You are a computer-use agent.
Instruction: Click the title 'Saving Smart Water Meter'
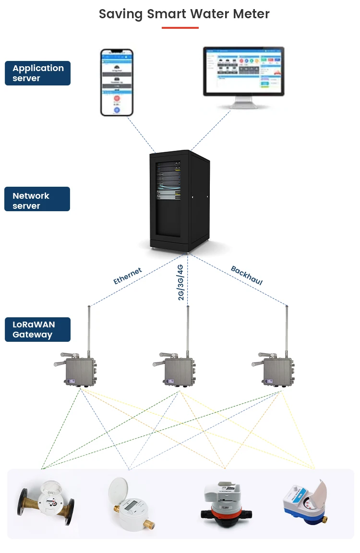[x=184, y=14]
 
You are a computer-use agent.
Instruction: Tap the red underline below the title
[x=180, y=28]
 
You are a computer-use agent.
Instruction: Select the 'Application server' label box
[x=38, y=73]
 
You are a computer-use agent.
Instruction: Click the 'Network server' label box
[x=38, y=199]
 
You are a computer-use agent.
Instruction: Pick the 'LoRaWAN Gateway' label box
[x=38, y=329]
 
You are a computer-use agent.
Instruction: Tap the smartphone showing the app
[x=117, y=82]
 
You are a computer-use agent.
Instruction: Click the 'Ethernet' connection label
[x=128, y=276]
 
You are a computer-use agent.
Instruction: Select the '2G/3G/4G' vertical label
[x=180, y=282]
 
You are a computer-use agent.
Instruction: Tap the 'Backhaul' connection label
[x=247, y=276]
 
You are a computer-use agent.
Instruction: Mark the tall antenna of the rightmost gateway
[x=287, y=331]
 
